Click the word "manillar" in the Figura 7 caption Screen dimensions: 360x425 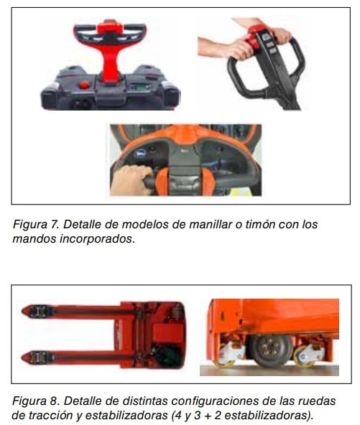click(210, 225)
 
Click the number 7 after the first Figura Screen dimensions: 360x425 click(56, 225)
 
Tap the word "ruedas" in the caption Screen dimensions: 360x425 click(317, 401)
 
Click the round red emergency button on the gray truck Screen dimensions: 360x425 click(84, 85)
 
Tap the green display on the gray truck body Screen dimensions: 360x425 click(139, 88)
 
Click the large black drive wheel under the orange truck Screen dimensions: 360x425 click(271, 350)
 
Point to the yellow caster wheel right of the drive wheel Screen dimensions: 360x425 click(303, 356)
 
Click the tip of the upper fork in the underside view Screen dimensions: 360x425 click(22, 311)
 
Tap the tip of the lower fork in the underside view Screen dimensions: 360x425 click(22, 358)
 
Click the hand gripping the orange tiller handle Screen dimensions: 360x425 click(131, 180)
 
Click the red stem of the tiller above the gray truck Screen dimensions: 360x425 click(109, 63)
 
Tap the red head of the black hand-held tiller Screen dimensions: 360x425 click(257, 34)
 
